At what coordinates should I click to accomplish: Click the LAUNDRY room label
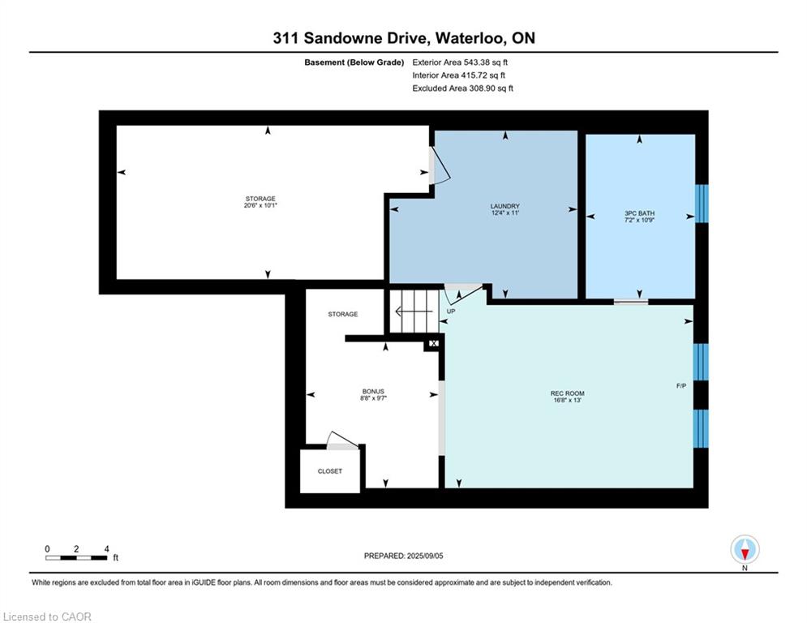click(505, 206)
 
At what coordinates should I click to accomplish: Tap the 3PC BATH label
click(639, 213)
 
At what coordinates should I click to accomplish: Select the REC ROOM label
click(567, 393)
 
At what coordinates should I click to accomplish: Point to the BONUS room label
click(373, 391)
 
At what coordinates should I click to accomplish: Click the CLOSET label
click(330, 471)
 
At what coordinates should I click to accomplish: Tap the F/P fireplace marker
click(681, 385)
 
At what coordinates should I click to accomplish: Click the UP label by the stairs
click(451, 311)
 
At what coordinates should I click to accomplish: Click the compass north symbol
click(745, 550)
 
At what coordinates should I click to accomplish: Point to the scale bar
click(76, 557)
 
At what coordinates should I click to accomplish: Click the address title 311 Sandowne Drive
click(350, 38)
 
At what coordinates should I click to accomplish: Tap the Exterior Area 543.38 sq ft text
click(460, 62)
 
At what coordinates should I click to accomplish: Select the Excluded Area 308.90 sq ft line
click(462, 88)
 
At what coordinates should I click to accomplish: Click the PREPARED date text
click(404, 556)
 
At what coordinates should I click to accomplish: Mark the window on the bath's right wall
click(702, 204)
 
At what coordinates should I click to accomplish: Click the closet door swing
click(343, 440)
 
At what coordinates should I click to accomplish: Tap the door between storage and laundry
click(440, 165)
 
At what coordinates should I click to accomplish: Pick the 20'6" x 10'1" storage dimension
click(260, 205)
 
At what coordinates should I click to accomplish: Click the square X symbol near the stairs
click(433, 343)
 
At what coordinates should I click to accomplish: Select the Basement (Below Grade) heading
click(354, 62)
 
